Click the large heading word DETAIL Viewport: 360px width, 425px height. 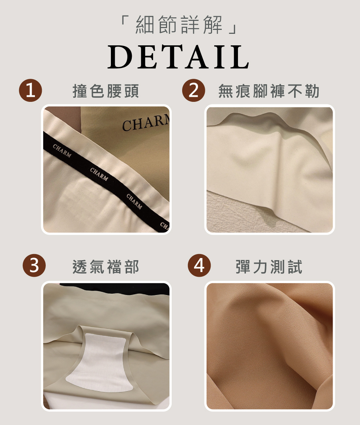click(178, 57)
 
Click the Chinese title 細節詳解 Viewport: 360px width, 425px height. click(179, 25)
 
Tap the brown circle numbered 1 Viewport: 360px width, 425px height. click(30, 90)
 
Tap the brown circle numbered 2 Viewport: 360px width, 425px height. click(194, 90)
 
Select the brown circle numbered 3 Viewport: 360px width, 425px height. click(34, 265)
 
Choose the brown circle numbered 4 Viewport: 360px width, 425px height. click(199, 265)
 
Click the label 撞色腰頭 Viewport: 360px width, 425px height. click(106, 91)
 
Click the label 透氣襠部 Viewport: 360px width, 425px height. click(106, 267)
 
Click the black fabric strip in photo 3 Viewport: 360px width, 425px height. click(114, 287)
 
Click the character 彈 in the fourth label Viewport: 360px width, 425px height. click(243, 267)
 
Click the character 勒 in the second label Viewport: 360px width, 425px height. click(312, 91)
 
